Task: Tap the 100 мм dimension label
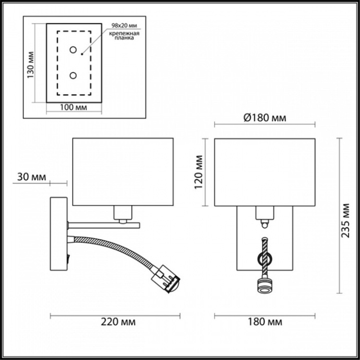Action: click(73, 107)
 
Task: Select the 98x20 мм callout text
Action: click(123, 26)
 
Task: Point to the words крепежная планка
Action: click(123, 35)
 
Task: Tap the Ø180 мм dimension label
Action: click(265, 117)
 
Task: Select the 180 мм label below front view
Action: click(265, 321)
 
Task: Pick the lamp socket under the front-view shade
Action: click(265, 213)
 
